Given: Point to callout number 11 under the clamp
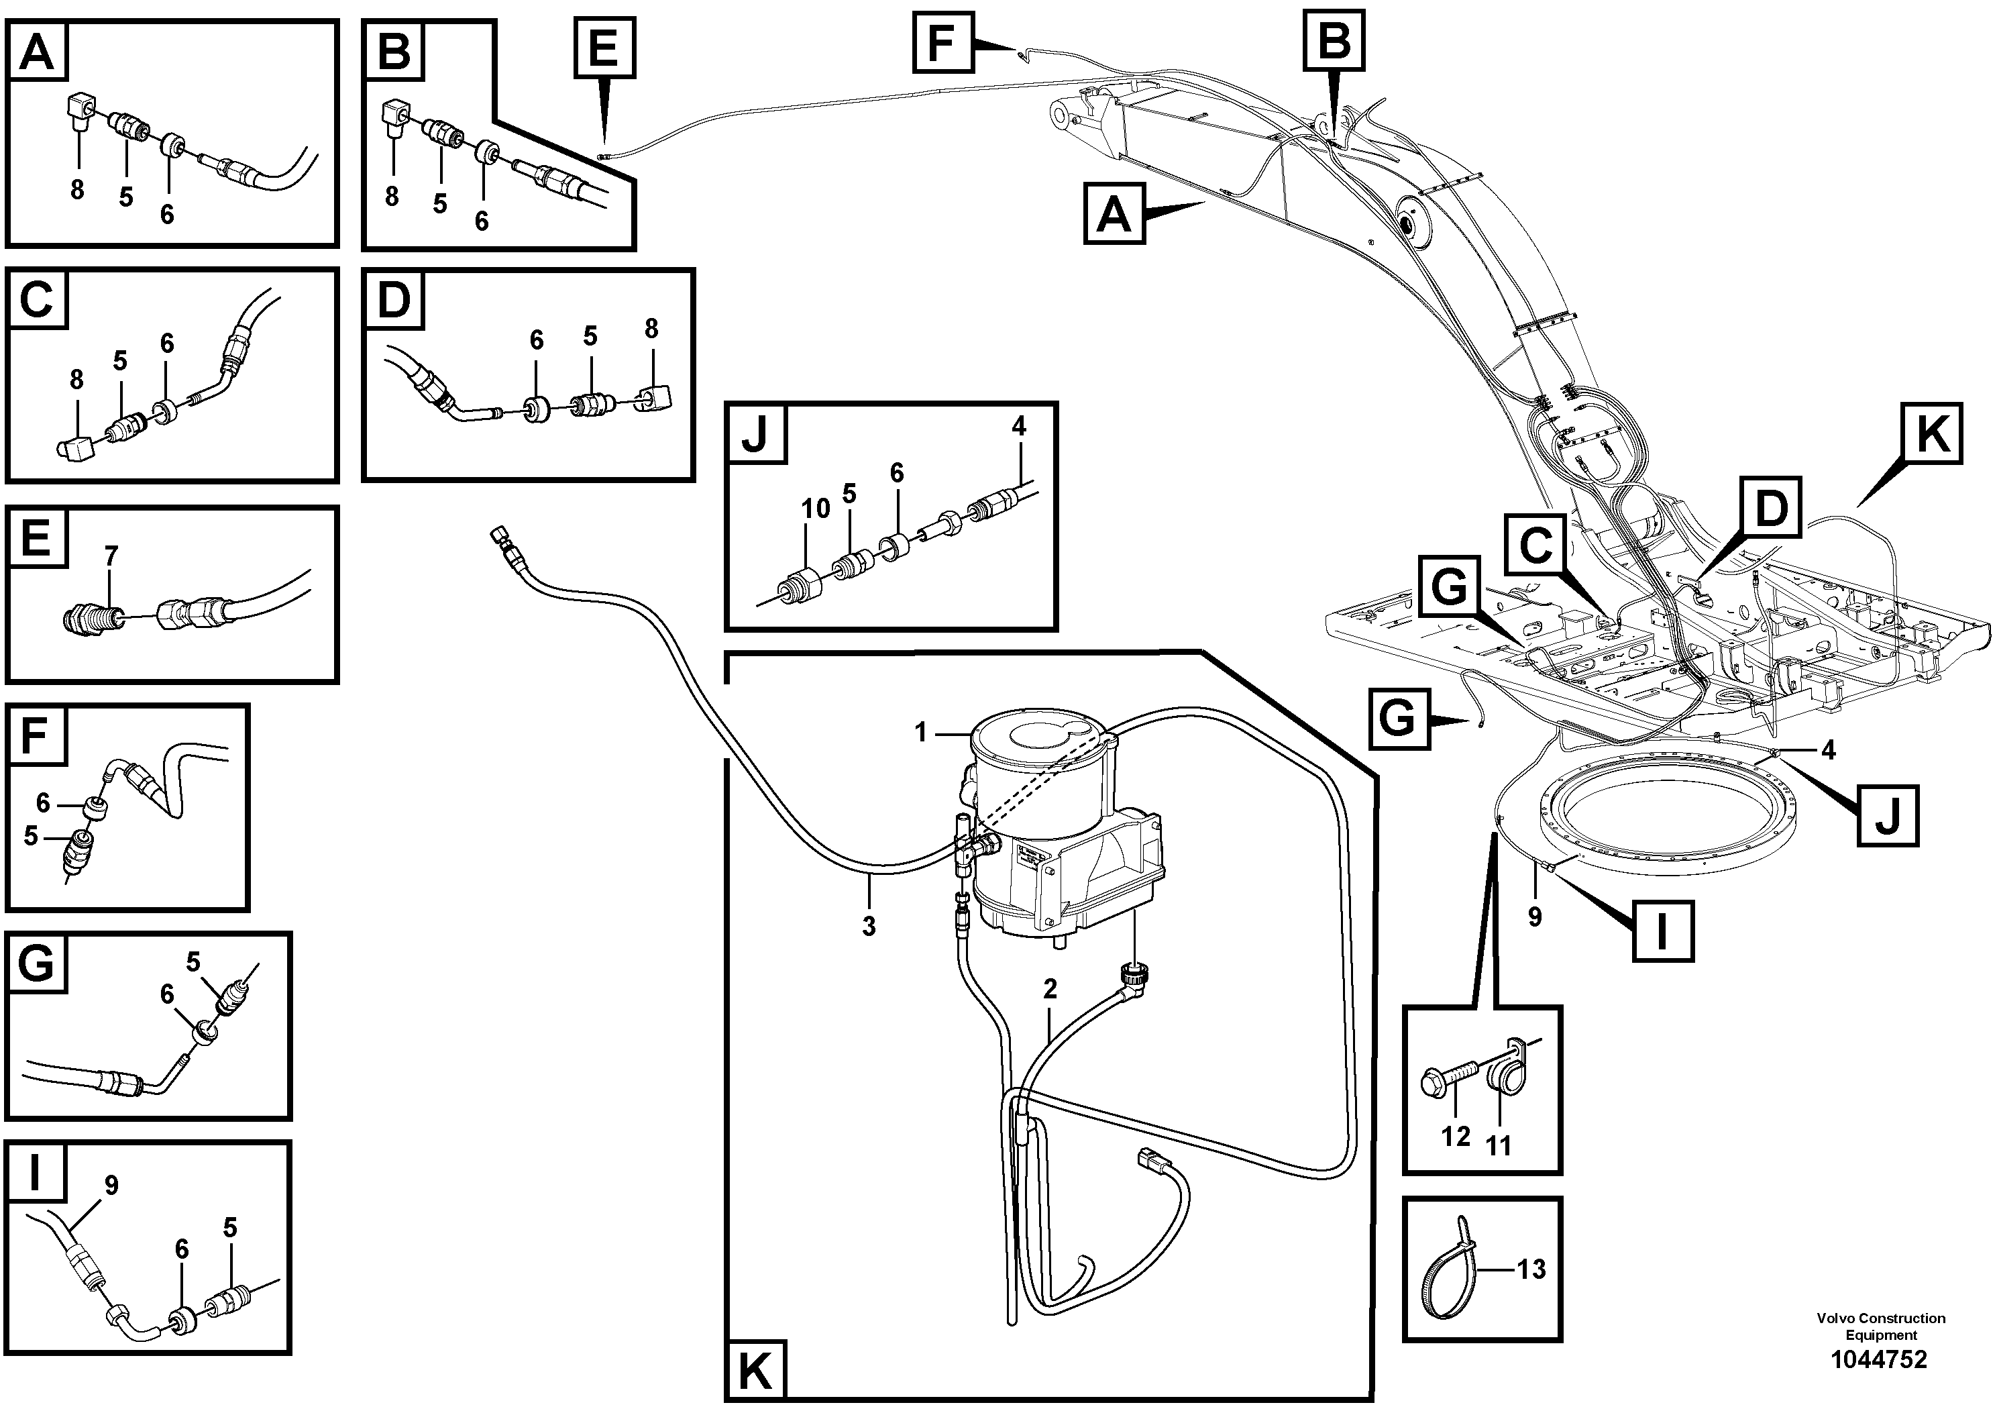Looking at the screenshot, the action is (1499, 1145).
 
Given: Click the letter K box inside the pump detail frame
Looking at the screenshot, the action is (753, 1373).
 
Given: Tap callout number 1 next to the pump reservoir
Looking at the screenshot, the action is (921, 733).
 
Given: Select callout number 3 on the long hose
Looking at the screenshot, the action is (868, 927).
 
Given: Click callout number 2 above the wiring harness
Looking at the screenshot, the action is (1050, 988).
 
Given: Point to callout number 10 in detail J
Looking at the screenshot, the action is (815, 508).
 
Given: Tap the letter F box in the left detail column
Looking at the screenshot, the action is (36, 735).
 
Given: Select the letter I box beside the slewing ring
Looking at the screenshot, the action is (1662, 932).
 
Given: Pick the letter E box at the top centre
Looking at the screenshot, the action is (604, 48).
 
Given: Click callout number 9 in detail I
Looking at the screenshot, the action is (111, 1185).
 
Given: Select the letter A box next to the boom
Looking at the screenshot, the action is (1114, 213).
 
